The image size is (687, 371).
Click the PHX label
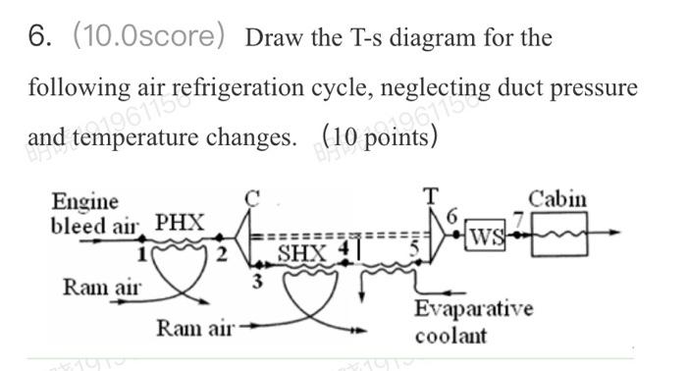click(181, 223)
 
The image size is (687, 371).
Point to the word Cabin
click(557, 199)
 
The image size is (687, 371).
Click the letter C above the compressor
click(252, 197)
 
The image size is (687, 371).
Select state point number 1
click(142, 254)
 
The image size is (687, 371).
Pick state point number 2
click(222, 255)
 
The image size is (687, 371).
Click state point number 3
click(256, 281)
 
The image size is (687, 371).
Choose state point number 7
click(523, 217)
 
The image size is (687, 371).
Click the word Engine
click(84, 201)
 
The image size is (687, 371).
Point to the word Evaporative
click(473, 311)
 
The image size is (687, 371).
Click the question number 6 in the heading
click(39, 37)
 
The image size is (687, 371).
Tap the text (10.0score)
click(150, 37)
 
